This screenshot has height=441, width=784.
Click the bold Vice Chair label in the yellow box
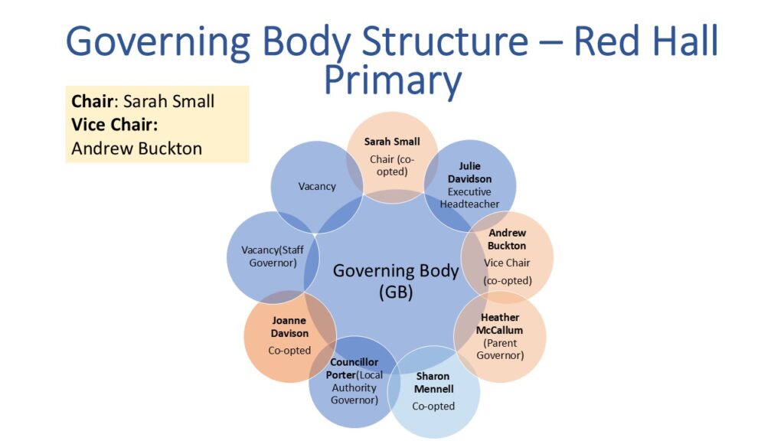coord(119,125)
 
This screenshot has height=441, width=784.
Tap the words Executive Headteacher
coord(469,198)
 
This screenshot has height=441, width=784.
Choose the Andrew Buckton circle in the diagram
coord(507,256)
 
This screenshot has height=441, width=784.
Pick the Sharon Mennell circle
coord(433,391)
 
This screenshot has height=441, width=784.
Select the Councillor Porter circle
coord(354,381)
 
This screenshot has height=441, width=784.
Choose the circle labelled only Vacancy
coord(316,186)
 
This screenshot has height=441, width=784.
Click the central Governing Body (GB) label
coord(395,280)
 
